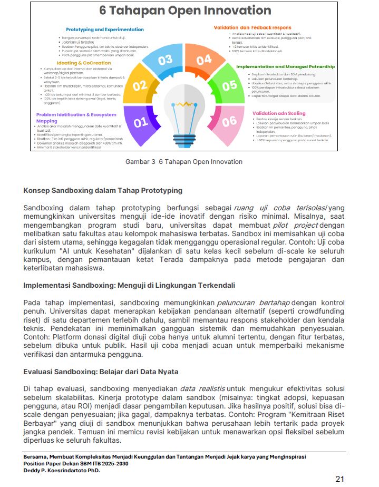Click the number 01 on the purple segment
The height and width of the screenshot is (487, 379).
click(141, 123)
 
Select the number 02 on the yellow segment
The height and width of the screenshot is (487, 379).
click(140, 85)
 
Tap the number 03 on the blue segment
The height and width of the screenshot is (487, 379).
click(165, 60)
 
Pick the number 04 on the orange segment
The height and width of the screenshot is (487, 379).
click(203, 60)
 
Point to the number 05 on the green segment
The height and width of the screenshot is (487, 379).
click(229, 85)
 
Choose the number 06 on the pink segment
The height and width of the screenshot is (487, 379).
click(229, 122)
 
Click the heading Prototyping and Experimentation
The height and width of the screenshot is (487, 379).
click(105, 30)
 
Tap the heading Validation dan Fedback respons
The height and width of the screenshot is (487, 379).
click(252, 27)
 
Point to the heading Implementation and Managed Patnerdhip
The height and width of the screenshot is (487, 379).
click(285, 67)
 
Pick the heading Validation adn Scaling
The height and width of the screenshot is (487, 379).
click(279, 113)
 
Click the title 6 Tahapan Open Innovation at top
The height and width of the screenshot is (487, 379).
click(184, 11)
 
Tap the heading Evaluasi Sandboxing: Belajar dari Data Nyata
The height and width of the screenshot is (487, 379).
click(101, 371)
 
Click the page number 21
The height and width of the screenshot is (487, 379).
click(340, 479)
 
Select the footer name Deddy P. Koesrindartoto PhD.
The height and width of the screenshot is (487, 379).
click(62, 471)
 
